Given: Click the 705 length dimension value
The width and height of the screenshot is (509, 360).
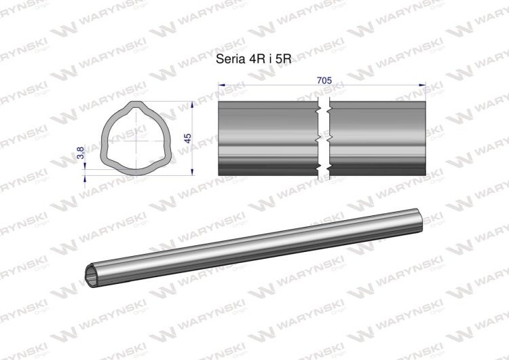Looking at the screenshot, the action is pyautogui.click(x=324, y=80).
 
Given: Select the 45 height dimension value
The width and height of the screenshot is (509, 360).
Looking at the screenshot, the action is pyautogui.click(x=187, y=139).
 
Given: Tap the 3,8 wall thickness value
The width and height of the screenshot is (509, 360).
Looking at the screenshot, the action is pyautogui.click(x=81, y=153).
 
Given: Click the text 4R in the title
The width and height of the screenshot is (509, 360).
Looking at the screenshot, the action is pyautogui.click(x=252, y=59).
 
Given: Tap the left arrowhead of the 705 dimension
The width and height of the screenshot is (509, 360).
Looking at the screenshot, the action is pyautogui.click(x=221, y=85).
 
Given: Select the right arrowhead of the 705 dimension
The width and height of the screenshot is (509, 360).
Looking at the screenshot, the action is pyautogui.click(x=422, y=85).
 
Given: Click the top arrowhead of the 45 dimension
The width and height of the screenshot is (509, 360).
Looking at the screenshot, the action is pyautogui.click(x=192, y=105).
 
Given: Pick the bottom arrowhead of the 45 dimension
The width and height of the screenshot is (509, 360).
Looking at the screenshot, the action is pyautogui.click(x=192, y=173).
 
